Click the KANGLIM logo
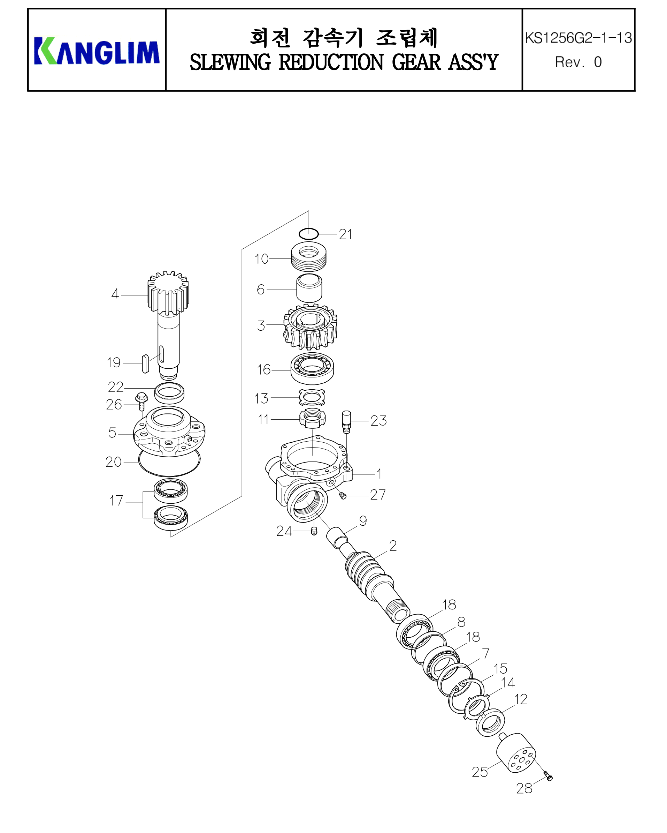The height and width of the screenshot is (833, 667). [97, 51]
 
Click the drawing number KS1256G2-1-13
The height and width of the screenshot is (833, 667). [578, 38]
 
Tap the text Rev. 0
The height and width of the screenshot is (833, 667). [578, 62]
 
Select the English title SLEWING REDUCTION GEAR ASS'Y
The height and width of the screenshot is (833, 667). [344, 62]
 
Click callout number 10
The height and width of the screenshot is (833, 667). [261, 259]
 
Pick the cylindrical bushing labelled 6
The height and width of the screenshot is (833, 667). [309, 288]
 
